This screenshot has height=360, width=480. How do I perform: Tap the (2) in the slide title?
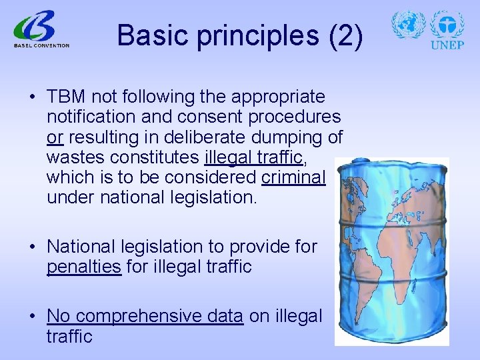pyautogui.click(x=345, y=35)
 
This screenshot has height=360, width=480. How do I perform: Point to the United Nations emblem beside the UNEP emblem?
pyautogui.click(x=408, y=25)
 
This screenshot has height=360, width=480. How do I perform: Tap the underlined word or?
pyautogui.click(x=55, y=137)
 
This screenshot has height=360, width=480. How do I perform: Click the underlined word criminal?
pyautogui.click(x=294, y=177)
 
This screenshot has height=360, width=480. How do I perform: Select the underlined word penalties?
pyautogui.click(x=84, y=267)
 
